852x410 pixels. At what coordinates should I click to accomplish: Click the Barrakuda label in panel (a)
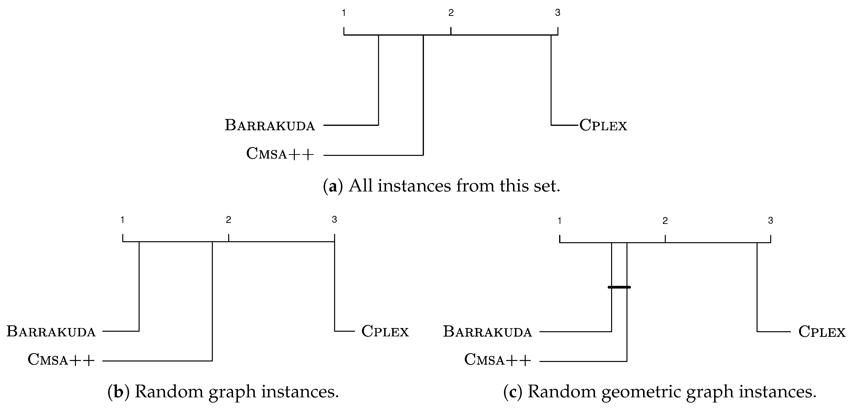269,125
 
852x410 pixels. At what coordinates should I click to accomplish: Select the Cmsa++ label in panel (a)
280,154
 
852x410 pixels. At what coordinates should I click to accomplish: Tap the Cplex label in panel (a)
603,125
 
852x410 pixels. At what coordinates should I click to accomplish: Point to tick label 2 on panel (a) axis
451,13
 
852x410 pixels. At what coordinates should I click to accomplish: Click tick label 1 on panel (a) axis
344,13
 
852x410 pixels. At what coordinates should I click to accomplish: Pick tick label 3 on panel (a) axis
558,13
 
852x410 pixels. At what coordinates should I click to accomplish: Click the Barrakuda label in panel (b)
51,331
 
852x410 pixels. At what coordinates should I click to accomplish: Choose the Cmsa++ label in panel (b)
61,360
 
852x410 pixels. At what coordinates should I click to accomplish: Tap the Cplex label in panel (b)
385,331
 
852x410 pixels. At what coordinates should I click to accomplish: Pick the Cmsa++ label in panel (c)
498,360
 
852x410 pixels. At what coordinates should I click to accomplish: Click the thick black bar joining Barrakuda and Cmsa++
619,287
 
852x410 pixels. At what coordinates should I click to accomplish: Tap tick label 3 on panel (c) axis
770,220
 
